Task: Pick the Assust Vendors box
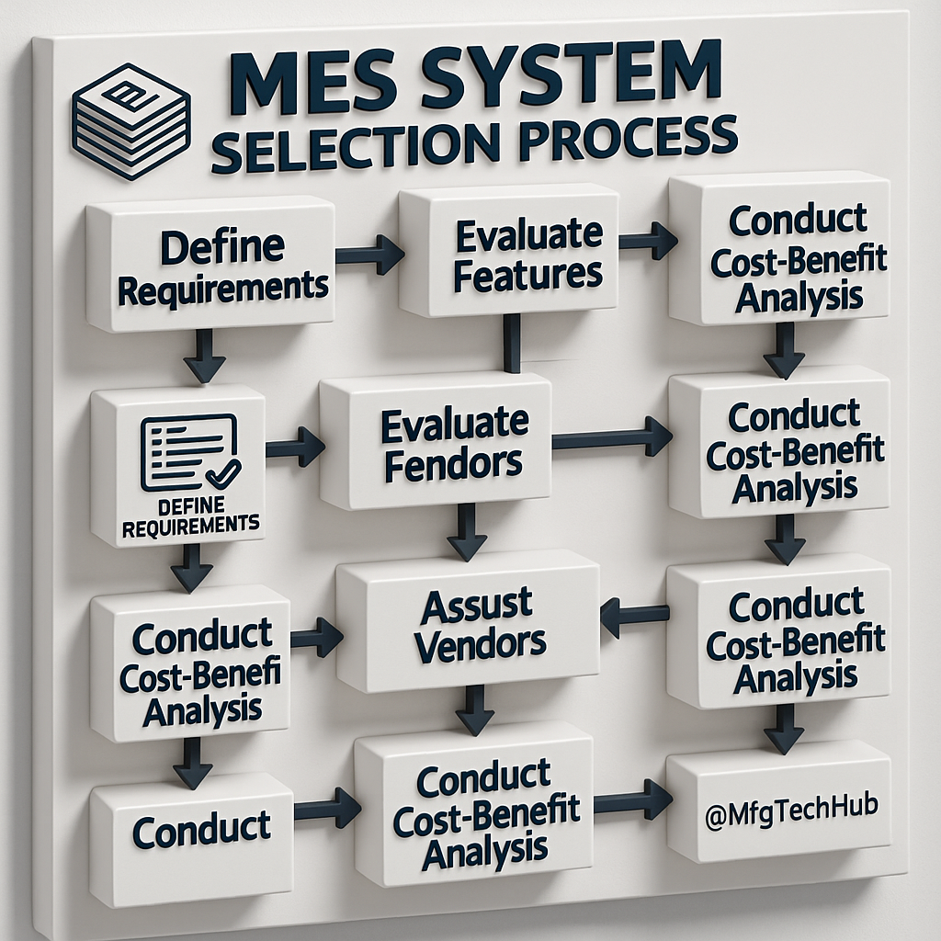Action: pos(470,625)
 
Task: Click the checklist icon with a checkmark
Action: pos(189,451)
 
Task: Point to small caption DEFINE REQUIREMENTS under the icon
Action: pos(190,516)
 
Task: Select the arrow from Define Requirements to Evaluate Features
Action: pos(369,254)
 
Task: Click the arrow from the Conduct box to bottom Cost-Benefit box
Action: pos(327,809)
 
